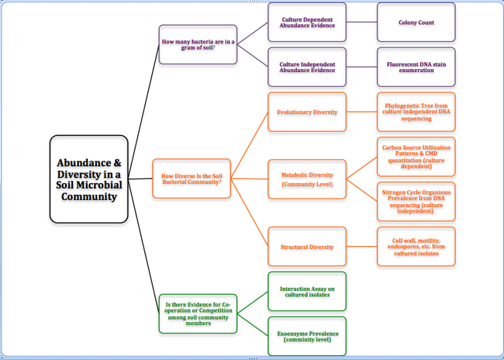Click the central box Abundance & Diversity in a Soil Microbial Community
88,179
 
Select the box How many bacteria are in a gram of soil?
198,44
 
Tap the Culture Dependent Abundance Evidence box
307,22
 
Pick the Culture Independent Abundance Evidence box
307,67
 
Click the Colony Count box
416,22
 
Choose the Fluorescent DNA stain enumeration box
416,67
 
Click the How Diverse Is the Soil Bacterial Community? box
192,178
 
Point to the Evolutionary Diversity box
307,112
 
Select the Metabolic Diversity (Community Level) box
307,180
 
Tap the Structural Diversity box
307,247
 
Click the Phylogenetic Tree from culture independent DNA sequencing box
416,112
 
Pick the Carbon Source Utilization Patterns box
416,157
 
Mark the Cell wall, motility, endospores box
416,247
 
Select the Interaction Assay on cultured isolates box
307,291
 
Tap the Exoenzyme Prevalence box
307,335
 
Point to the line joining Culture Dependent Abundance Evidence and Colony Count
361,22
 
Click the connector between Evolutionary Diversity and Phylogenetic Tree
361,112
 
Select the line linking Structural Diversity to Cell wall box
361,247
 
